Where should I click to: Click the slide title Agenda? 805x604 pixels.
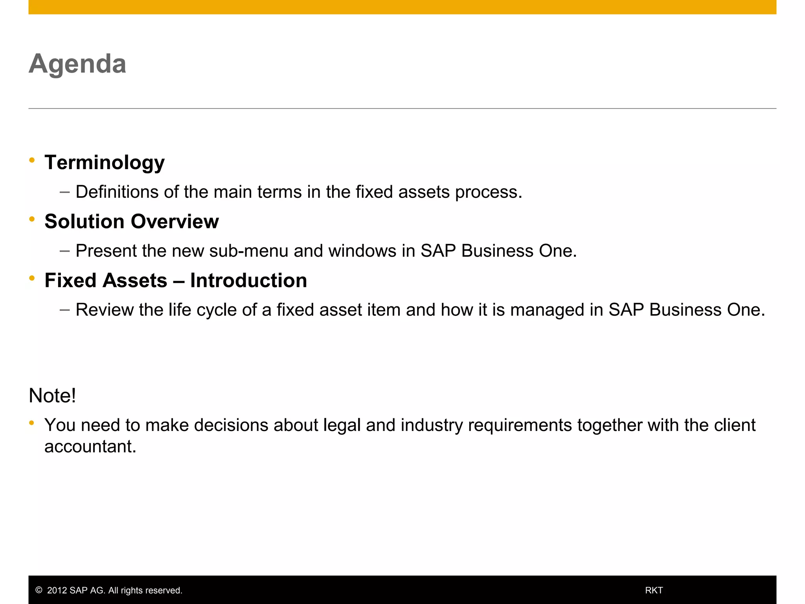point(77,64)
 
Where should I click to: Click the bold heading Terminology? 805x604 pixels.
point(105,163)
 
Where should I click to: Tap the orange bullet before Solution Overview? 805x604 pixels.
point(32,219)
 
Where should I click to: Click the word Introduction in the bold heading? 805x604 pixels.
point(248,281)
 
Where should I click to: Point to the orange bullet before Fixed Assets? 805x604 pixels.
point(32,278)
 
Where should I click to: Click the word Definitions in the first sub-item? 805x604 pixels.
point(117,192)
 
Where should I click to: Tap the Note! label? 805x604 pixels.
point(52,396)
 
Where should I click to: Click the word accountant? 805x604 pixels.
point(90,447)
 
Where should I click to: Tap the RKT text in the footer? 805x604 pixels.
point(654,590)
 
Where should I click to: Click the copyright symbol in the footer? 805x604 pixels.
point(39,590)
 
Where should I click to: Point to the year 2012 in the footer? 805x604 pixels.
point(57,590)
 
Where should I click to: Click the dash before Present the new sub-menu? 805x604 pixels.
point(65,251)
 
